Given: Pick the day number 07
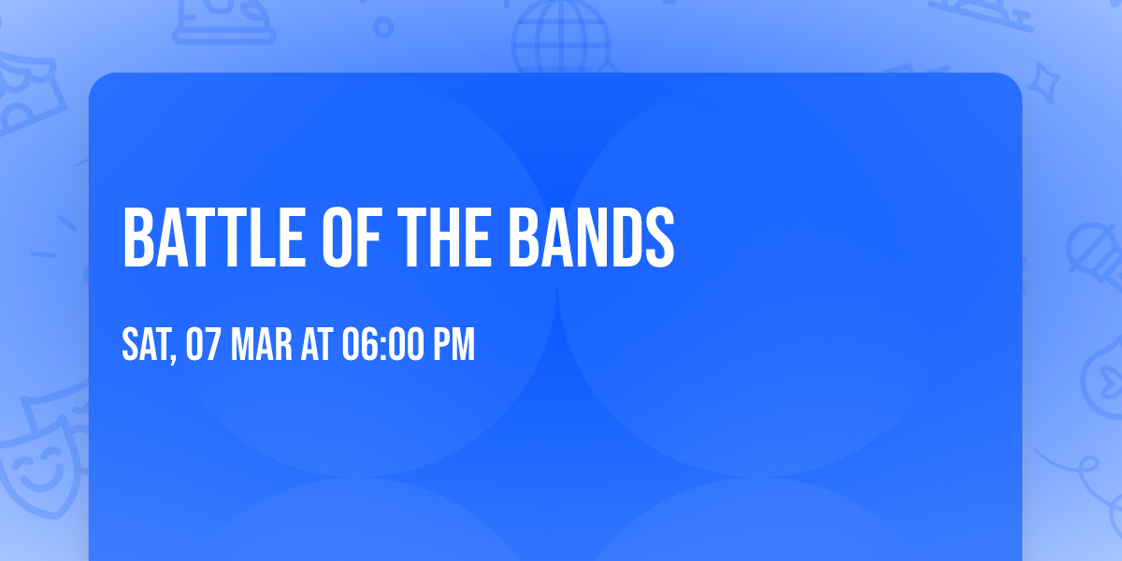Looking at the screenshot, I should tap(203, 345).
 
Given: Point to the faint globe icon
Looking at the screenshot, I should tap(559, 37).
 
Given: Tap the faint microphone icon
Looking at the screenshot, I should tap(1089, 248).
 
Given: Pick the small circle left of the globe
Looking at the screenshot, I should tap(383, 27).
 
